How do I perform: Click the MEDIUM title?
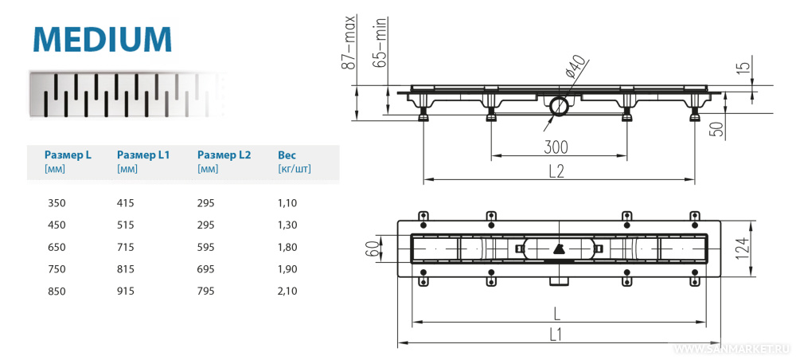tap(103, 38)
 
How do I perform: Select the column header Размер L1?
tap(143, 155)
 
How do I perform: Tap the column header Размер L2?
tap(224, 155)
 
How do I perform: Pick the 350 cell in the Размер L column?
tap(57, 203)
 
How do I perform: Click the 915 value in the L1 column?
tap(126, 292)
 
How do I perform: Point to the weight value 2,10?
tap(287, 292)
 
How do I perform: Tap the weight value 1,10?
tap(287, 203)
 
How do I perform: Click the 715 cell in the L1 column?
tap(126, 248)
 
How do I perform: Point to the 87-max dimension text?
tap(349, 41)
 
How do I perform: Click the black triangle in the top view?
tap(557, 248)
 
